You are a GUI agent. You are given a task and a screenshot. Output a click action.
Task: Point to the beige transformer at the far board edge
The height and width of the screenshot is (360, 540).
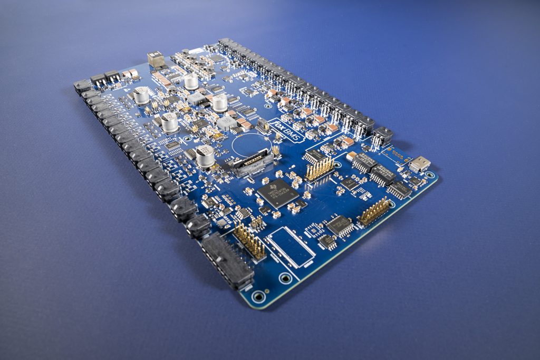[156, 59]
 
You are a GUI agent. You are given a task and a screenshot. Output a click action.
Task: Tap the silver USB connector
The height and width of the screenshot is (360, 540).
[420, 164]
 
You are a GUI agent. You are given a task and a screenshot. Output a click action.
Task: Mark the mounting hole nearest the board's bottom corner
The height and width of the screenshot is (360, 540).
[258, 296]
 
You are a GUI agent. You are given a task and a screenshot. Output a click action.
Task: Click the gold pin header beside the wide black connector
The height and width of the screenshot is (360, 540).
[249, 241]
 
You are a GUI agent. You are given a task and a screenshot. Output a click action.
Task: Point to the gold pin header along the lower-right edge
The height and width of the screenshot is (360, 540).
[375, 211]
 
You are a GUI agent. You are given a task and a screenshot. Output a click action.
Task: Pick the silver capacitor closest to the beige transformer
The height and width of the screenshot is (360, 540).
[191, 81]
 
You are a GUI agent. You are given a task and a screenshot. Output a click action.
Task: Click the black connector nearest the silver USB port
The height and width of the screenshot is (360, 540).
[383, 136]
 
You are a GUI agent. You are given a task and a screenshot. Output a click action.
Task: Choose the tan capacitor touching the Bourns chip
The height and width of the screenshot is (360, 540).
[351, 156]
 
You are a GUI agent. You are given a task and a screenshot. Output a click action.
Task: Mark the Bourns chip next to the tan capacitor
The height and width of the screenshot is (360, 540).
[364, 163]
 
